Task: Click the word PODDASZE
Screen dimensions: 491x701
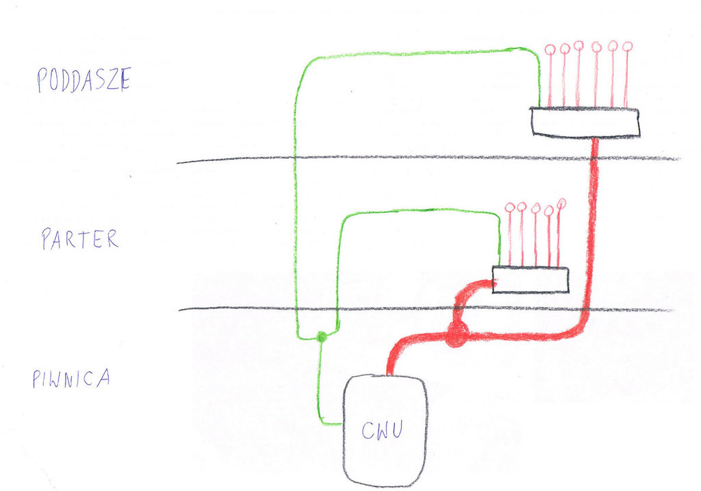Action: [83, 80]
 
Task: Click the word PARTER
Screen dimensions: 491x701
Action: [79, 239]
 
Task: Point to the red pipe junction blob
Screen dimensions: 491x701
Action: [456, 335]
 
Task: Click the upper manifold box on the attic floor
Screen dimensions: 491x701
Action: [585, 122]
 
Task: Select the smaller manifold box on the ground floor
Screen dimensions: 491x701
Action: [531, 279]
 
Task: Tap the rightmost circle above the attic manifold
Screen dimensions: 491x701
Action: [628, 47]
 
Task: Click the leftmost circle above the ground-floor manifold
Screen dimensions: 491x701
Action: [508, 207]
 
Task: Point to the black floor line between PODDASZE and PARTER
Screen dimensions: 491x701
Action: [424, 158]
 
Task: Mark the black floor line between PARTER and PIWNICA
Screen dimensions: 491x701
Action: [424, 309]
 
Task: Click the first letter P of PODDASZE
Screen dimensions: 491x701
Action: [42, 81]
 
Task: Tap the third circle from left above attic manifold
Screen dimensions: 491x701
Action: [579, 46]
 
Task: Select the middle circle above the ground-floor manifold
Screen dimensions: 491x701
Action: [535, 207]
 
